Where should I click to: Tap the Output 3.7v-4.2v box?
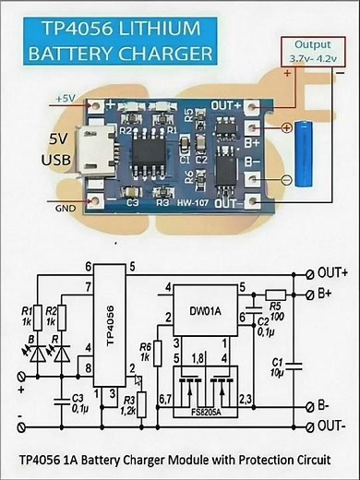(314, 51)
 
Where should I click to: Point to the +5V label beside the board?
(66, 97)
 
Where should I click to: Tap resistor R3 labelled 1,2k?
(140, 402)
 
